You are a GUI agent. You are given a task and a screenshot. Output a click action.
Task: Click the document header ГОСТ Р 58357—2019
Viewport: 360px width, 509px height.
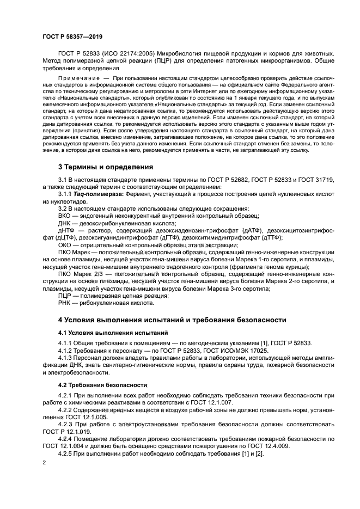click(x=72, y=36)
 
